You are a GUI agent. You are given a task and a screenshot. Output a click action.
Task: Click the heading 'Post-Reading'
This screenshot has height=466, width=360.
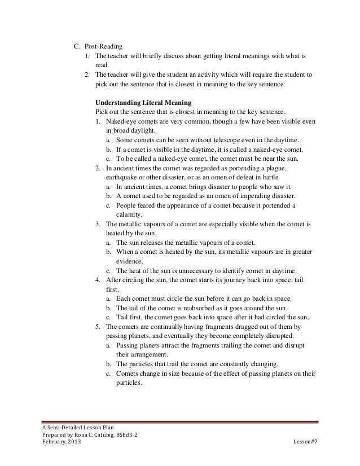click(104, 47)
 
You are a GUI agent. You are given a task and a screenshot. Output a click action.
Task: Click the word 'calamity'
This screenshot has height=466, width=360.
click(130, 214)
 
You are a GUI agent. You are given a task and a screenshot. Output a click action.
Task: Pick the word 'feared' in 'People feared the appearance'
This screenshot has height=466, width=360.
click(143, 205)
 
